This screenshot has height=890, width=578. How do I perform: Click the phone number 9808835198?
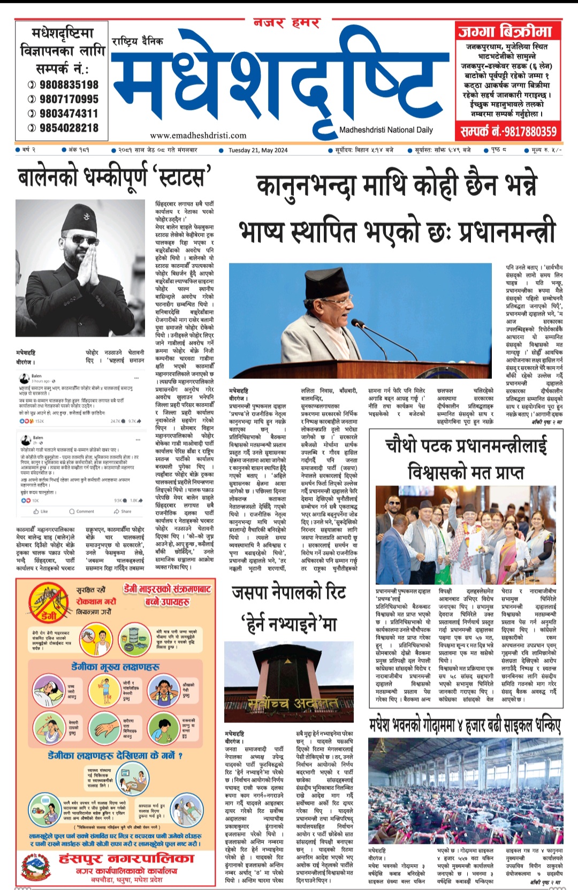[69, 85]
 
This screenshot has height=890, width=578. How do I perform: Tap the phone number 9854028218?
[69, 128]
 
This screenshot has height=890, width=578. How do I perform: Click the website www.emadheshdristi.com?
[198, 135]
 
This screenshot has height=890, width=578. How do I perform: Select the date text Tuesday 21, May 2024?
[258, 150]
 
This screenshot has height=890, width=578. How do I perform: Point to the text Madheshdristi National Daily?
[386, 130]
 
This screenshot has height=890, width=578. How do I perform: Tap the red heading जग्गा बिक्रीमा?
[505, 32]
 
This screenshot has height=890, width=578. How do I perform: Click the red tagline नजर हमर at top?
[287, 23]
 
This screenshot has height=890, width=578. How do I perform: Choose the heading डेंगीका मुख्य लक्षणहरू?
[116, 667]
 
